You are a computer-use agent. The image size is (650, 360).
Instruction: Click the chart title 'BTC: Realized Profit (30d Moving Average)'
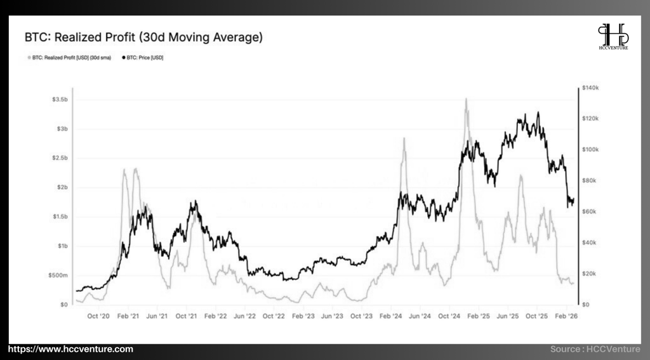pos(143,37)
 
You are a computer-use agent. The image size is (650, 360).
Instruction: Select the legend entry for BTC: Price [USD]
pos(144,57)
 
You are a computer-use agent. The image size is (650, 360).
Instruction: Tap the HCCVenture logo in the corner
pos(613,36)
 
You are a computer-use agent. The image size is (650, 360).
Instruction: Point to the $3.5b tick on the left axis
pos(60,100)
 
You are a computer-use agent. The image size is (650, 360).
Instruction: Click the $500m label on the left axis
pos(58,275)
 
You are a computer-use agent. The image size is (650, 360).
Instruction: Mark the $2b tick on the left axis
pos(62,187)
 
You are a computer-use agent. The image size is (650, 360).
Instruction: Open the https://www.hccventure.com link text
pos(70,349)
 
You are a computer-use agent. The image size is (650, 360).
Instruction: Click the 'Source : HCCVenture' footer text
pos(595,349)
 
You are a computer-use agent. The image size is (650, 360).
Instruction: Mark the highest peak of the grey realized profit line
pos(467,99)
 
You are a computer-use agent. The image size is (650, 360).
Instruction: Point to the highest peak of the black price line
pos(538,112)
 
